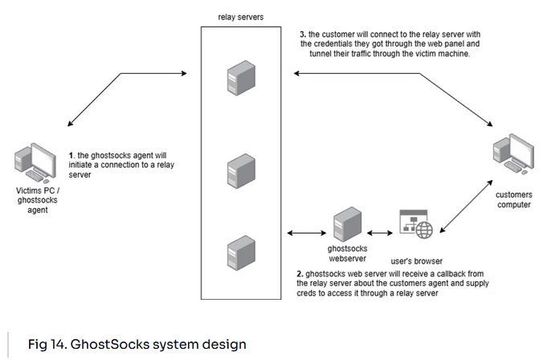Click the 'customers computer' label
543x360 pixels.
pos(514,199)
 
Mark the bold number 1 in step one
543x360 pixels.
pos(71,153)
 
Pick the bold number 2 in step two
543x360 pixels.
pos(300,274)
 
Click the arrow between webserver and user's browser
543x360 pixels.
pos(378,234)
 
